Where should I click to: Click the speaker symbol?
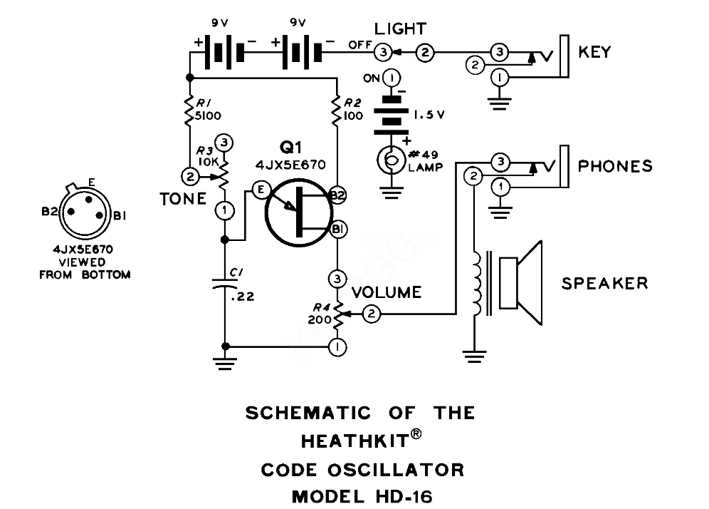coord(520,283)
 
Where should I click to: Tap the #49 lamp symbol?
coord(391,160)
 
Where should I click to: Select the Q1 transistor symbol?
coord(299,212)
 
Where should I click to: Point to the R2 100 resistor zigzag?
coord(337,110)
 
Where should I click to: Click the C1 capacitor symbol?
coord(225,284)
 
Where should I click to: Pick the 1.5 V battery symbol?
coord(392,115)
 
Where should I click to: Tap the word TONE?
coord(183,199)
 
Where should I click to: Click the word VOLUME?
coord(387,292)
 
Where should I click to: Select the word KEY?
coord(594,52)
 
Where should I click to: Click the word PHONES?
coord(616,166)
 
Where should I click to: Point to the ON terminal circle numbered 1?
coord(392,78)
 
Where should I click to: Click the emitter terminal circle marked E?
coord(261,190)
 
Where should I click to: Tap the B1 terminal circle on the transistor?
coord(337,229)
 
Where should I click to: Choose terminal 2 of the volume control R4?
coord(372,314)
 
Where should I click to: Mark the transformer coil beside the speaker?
coord(477,284)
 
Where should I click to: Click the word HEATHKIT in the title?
coord(355,441)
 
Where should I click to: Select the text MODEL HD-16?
coord(362,497)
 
